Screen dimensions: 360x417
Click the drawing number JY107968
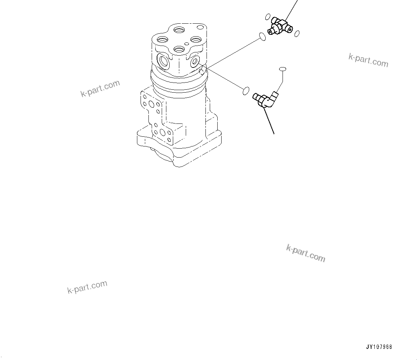(x=379, y=347)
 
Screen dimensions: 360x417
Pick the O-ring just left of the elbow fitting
(x=246, y=91)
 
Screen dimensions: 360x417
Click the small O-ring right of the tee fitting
(x=297, y=34)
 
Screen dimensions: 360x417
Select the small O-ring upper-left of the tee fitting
(x=267, y=17)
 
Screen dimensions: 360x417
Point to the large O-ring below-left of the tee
(x=262, y=36)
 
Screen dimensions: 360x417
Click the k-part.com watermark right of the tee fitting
(x=368, y=60)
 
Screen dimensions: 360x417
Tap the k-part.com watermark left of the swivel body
(x=100, y=88)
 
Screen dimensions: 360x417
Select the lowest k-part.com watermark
(x=87, y=287)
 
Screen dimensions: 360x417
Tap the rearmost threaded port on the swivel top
(x=179, y=29)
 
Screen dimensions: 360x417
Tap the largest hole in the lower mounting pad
(x=163, y=133)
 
